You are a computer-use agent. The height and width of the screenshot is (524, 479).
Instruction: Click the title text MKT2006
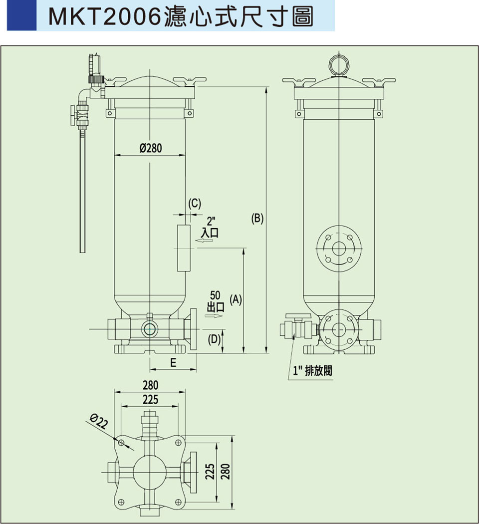[x=105, y=16]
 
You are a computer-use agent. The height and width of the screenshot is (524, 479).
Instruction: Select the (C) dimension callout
[x=195, y=204]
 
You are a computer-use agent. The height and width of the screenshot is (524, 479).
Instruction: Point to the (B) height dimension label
[x=257, y=218]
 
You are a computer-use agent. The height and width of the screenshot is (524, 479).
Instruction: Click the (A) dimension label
[x=236, y=299]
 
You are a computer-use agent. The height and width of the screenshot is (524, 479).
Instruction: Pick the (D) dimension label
[x=214, y=339]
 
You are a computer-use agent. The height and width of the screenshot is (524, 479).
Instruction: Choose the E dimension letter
[x=173, y=363]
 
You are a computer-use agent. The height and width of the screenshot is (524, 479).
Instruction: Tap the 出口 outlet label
[x=215, y=306]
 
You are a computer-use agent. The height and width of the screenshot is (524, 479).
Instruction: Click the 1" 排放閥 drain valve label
[x=312, y=370]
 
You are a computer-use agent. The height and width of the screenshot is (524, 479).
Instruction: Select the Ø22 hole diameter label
[x=99, y=422]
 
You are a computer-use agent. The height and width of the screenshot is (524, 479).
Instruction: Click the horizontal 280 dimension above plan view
[x=150, y=385]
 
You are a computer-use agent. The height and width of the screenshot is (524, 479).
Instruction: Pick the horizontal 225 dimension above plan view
[x=150, y=400]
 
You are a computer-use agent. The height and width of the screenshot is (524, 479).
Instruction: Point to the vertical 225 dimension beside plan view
[x=211, y=472]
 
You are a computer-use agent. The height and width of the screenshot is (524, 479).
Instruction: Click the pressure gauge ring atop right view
[x=339, y=65]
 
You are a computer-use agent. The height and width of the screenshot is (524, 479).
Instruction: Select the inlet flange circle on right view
[x=339, y=248]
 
